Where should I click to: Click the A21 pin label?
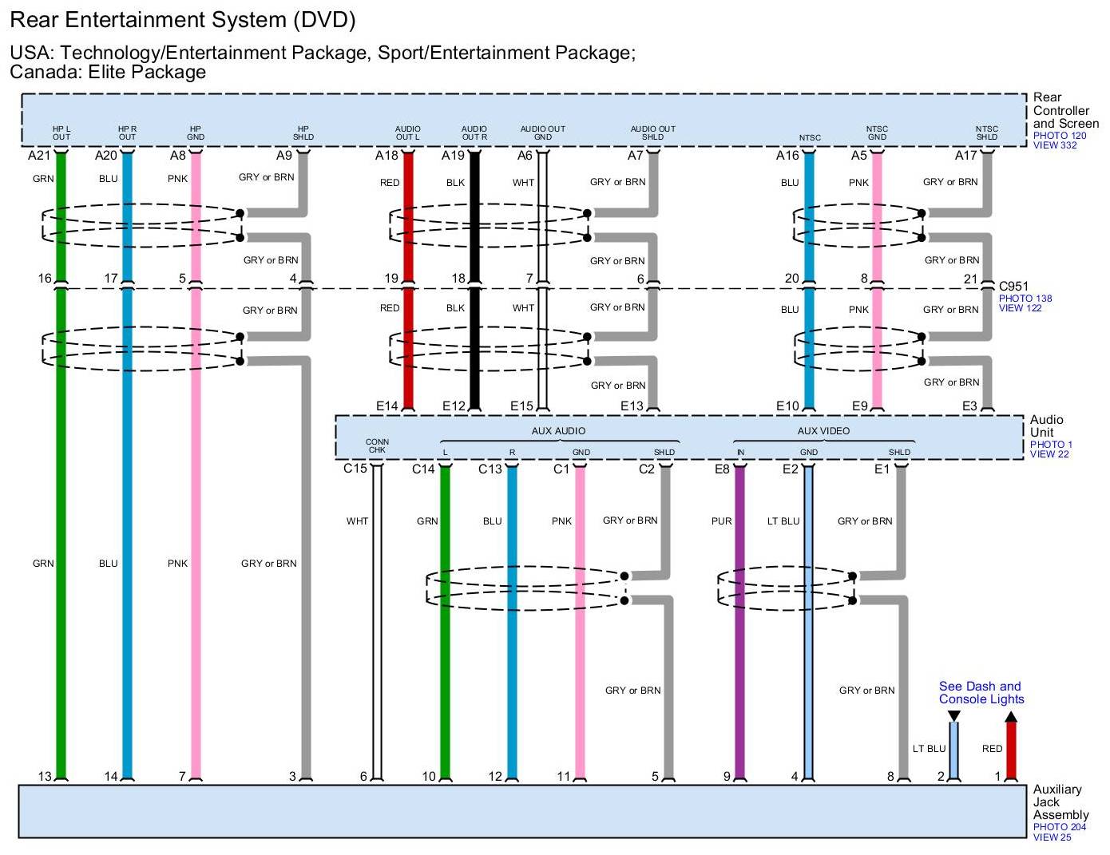(x=38, y=156)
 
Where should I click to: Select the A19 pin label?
(x=453, y=156)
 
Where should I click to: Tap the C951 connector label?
(x=1013, y=286)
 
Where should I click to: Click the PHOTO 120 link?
(x=1059, y=136)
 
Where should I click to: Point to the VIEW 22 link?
(x=1049, y=454)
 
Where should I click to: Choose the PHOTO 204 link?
(x=1059, y=827)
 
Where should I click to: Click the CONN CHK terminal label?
(x=377, y=445)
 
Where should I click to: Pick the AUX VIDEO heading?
(x=823, y=431)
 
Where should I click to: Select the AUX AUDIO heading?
(x=558, y=431)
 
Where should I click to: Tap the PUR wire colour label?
(x=721, y=521)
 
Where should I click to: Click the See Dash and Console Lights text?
(x=981, y=693)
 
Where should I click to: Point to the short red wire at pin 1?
(x=1011, y=750)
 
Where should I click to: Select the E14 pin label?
(x=387, y=406)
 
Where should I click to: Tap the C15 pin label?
(x=355, y=469)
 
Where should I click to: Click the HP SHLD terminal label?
(x=303, y=133)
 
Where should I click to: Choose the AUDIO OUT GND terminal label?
(x=542, y=133)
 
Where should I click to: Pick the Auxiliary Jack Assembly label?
(x=1058, y=802)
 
